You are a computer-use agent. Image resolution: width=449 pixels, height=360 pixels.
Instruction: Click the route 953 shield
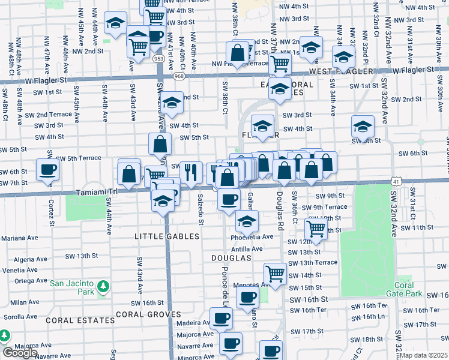pyautogui.click(x=159, y=59)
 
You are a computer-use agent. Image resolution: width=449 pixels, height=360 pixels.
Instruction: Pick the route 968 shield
pyautogui.click(x=179, y=76)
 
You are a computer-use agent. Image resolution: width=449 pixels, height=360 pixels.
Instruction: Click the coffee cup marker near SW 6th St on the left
pyautogui.click(x=48, y=170)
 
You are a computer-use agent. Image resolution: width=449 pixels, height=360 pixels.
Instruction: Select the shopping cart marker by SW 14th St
pyautogui.click(x=275, y=273)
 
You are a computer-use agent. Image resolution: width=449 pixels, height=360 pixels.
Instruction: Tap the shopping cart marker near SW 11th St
pyautogui.click(x=316, y=227)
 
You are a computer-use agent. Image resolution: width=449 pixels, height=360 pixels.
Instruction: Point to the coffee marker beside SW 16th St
pyautogui.click(x=247, y=297)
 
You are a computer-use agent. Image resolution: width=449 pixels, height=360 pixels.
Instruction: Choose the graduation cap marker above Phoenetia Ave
pyautogui.click(x=247, y=221)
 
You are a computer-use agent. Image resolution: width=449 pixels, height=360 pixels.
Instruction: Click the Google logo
pyautogui.click(x=20, y=353)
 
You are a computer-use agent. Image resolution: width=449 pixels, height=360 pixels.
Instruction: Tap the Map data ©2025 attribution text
pyautogui.click(x=423, y=355)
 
